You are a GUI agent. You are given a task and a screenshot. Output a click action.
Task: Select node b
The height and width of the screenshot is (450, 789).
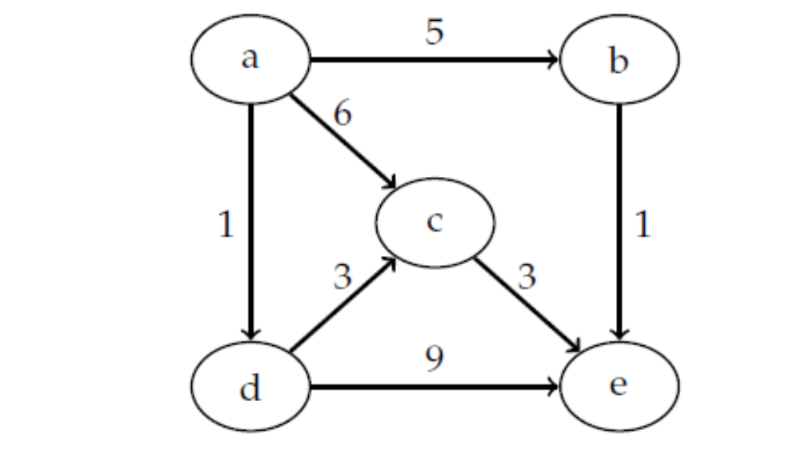619,61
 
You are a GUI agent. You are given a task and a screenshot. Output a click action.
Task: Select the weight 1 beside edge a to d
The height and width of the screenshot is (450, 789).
226,226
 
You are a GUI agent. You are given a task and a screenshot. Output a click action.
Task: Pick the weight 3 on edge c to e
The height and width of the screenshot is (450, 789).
526,278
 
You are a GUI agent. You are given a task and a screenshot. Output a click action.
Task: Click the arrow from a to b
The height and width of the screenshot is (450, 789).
432,60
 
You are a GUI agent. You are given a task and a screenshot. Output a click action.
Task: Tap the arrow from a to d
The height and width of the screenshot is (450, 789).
251,216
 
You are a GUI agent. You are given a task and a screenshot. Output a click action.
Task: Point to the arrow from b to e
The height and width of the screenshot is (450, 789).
619,216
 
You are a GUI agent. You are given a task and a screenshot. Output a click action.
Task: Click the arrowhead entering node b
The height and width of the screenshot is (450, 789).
552,60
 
